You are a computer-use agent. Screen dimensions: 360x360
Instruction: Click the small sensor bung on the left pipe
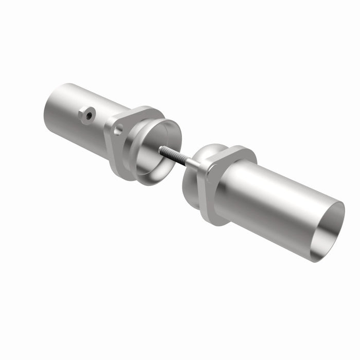[x=86, y=114]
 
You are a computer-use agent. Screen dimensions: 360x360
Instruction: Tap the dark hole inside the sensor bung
[x=89, y=116]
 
